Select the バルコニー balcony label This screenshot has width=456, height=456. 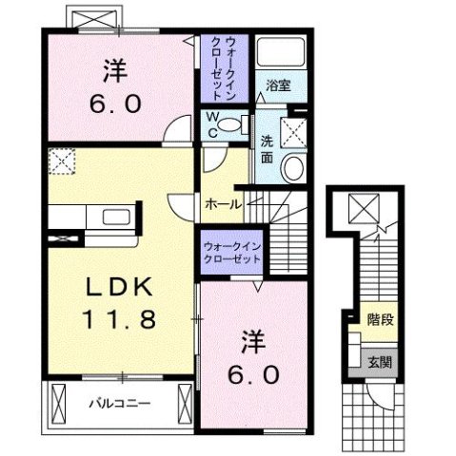coord(120,403)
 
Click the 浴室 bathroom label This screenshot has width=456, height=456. coord(278,85)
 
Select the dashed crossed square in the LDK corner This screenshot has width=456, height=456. coord(62,163)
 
